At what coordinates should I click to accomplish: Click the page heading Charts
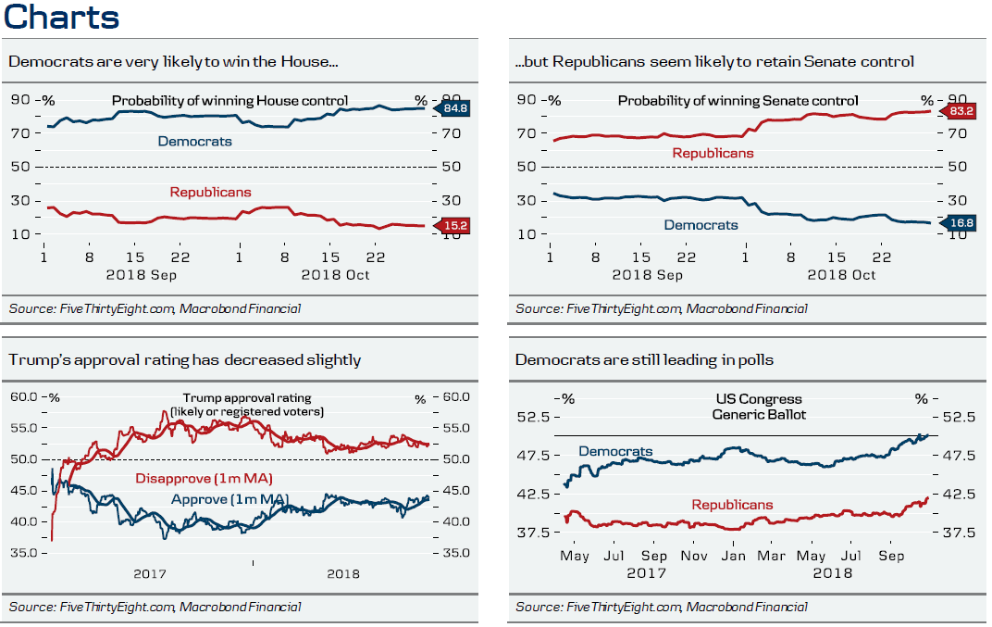61,18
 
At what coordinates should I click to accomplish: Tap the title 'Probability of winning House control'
229,100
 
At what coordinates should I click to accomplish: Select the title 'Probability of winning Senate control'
738,100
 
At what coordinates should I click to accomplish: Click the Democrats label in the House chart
194,142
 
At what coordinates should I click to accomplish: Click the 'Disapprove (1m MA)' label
208,479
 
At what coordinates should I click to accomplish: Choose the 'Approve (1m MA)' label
230,499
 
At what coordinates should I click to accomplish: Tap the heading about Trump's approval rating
185,359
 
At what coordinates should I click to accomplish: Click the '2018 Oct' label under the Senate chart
841,275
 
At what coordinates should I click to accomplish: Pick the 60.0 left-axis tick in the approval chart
24,397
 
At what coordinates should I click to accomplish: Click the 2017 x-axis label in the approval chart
151,573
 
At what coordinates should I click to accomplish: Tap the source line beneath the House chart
155,308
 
